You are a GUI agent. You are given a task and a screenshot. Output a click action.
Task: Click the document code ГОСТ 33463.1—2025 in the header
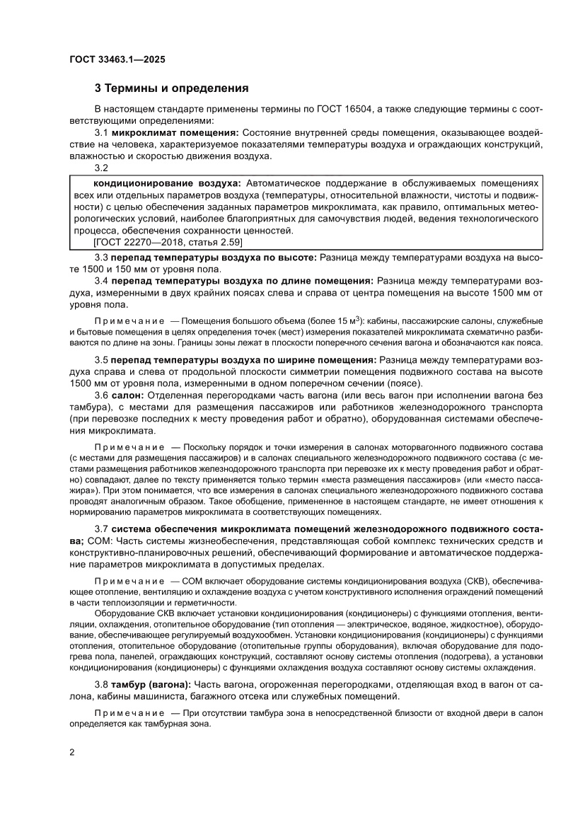(117, 59)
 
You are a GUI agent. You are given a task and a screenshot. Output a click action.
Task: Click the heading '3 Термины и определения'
(172, 89)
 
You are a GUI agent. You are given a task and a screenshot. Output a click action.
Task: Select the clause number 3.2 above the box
(101, 168)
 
